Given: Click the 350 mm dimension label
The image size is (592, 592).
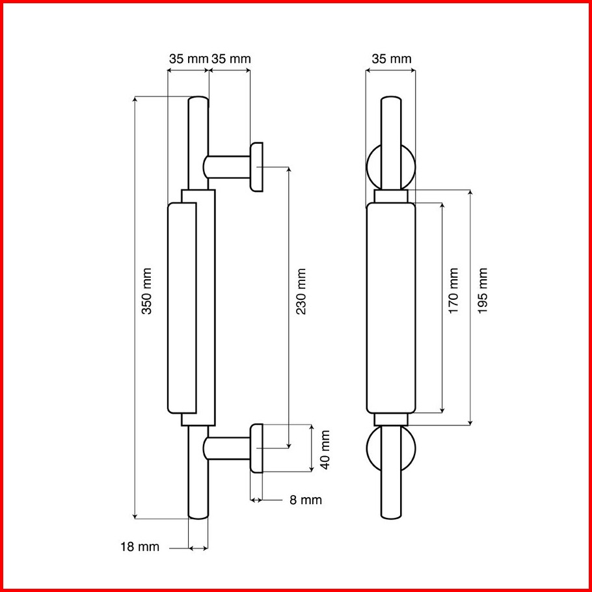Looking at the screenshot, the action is [x=146, y=291].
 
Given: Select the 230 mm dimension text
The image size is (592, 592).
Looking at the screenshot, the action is [x=301, y=291].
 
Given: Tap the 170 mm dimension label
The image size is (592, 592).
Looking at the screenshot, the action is [x=453, y=290].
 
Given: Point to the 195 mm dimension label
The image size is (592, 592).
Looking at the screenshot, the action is [x=482, y=290].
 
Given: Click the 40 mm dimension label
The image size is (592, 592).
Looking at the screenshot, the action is [x=325, y=450].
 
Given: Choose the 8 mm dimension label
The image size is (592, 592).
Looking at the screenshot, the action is [x=306, y=500].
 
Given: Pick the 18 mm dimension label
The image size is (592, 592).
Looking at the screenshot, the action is [x=140, y=546].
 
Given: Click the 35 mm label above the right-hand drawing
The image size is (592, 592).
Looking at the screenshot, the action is [x=392, y=59].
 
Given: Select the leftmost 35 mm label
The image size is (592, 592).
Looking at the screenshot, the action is [x=189, y=59].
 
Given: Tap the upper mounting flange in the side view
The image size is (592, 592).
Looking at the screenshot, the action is [x=256, y=167].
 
